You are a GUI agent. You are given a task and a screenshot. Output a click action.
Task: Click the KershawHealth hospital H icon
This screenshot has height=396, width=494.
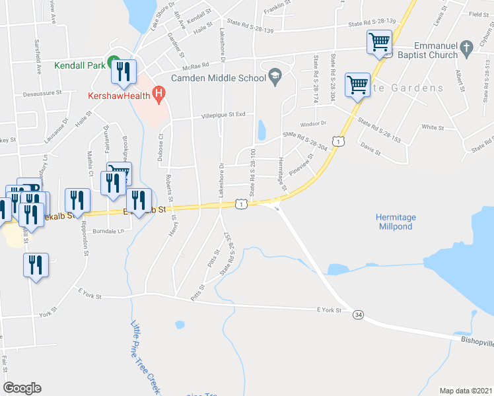click(158, 94)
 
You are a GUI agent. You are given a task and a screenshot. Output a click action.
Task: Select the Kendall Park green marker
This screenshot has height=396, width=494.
click(113, 60)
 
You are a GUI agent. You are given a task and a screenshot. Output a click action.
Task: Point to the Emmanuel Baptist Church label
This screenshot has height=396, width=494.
click(434, 51)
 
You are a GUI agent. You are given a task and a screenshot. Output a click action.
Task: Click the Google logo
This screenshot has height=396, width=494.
click(22, 388)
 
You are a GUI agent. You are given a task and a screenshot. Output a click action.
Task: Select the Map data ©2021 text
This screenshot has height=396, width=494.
click(466, 391)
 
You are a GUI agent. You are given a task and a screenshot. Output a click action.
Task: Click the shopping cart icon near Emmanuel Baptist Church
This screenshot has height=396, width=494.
click(380, 43)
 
